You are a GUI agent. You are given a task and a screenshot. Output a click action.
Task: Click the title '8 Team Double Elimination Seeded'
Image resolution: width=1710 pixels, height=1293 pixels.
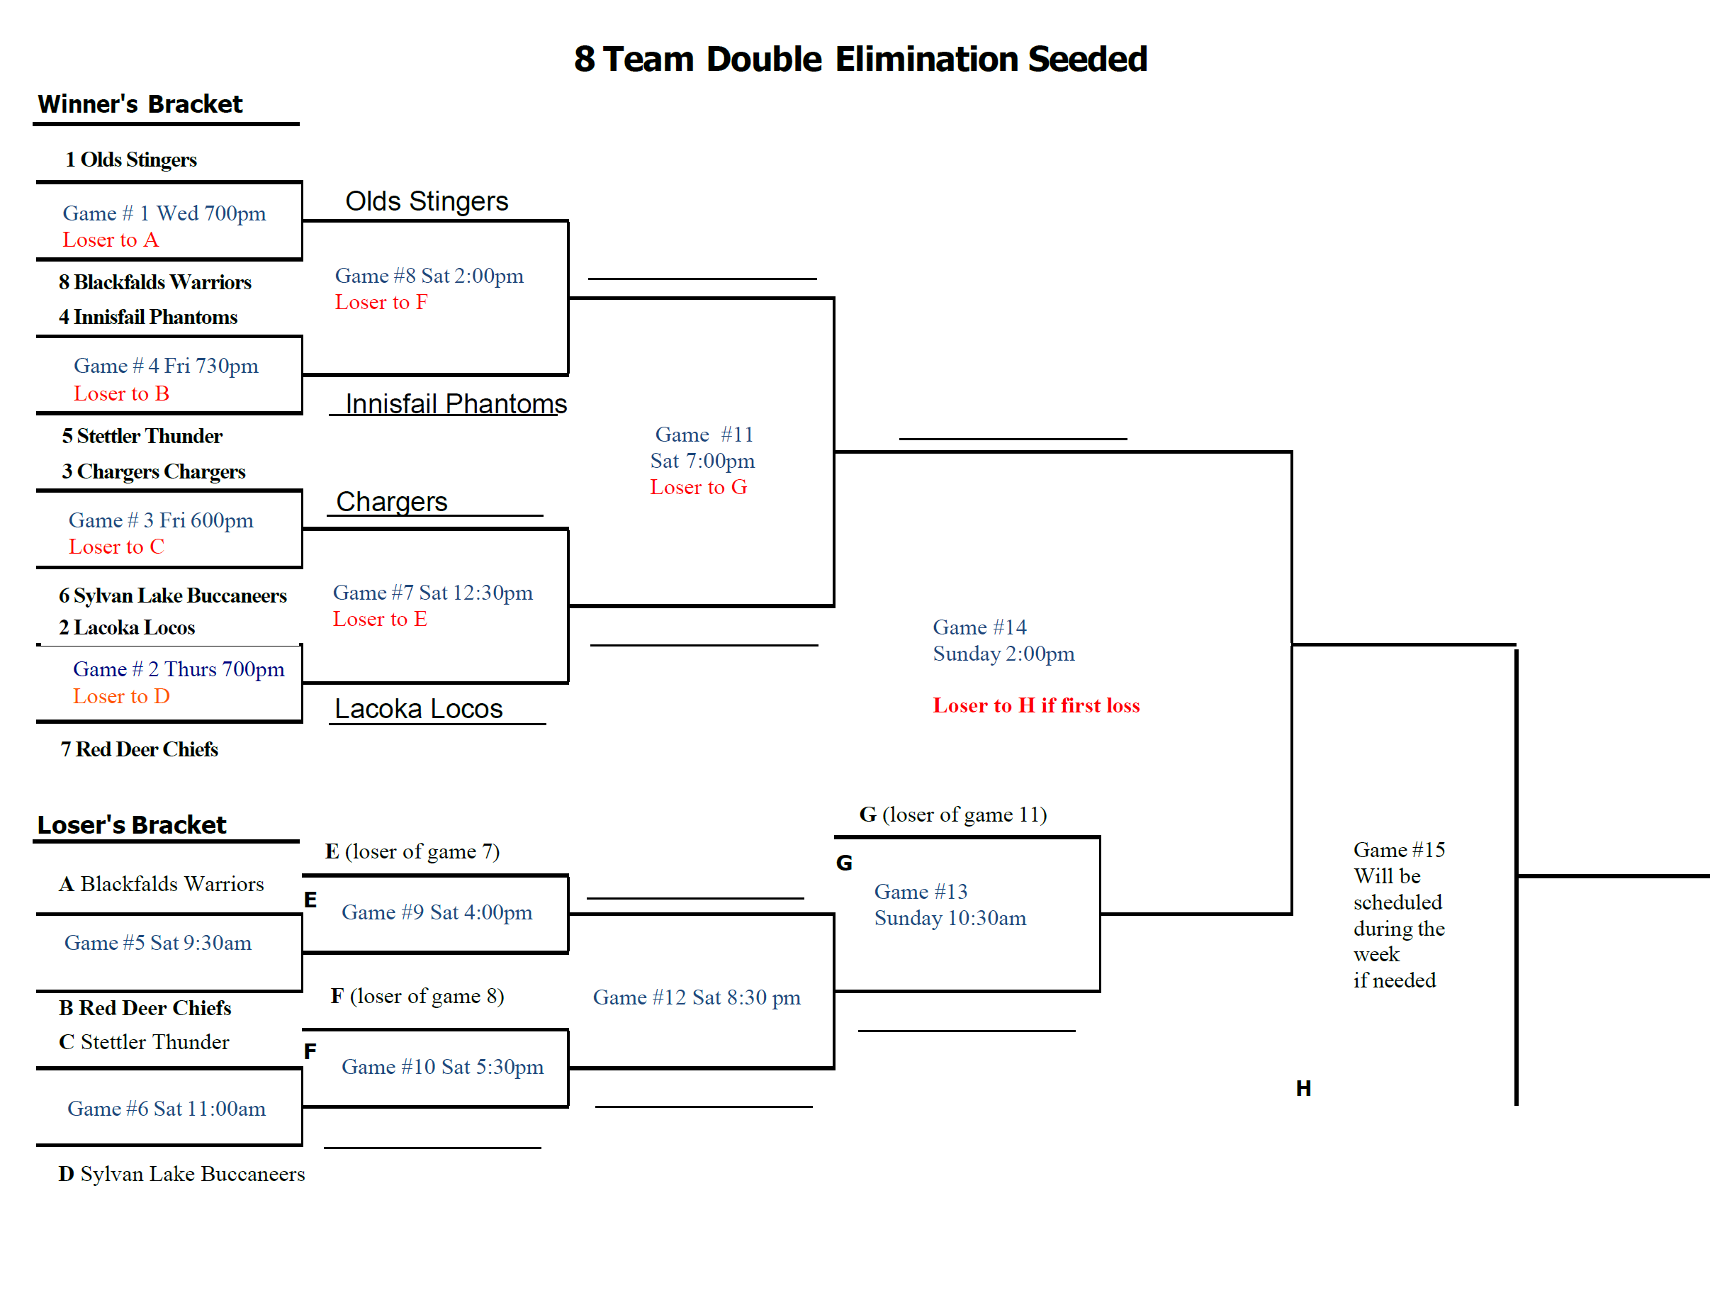(860, 59)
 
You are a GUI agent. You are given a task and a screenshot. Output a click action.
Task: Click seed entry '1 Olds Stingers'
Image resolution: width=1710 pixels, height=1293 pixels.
(130, 159)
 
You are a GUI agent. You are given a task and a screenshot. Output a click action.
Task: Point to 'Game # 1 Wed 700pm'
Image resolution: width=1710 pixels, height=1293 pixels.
(164, 213)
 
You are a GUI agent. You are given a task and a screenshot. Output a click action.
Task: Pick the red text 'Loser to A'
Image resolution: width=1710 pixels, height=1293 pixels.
(111, 240)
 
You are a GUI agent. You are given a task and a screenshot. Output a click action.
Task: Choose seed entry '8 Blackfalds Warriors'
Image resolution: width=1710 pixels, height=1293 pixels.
(154, 281)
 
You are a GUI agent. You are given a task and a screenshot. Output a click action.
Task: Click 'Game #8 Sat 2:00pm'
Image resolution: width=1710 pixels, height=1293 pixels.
(429, 275)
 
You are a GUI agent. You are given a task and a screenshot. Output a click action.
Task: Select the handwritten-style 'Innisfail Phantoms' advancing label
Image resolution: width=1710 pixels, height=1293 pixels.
(456, 403)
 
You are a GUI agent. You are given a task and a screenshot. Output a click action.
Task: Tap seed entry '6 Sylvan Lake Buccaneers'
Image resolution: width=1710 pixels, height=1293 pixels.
(172, 595)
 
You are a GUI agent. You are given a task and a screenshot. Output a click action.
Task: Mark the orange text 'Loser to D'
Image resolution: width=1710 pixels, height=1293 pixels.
(121, 696)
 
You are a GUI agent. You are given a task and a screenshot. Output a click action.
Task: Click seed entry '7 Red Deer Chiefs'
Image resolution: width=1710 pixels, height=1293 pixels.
(139, 749)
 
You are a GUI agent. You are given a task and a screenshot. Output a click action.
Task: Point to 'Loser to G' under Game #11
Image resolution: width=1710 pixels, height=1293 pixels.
(698, 487)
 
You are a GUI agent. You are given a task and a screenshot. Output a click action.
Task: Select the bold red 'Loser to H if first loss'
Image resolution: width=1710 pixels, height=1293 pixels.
(1036, 705)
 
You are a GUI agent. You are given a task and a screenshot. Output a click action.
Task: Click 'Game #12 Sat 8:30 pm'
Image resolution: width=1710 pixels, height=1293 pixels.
(697, 997)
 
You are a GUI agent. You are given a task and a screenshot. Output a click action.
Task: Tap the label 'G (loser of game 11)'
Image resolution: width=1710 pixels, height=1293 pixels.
(953, 815)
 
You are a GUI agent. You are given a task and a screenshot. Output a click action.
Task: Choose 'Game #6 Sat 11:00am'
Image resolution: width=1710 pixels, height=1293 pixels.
(167, 1108)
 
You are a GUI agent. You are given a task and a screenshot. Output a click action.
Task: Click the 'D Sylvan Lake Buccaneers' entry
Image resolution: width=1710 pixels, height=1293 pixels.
(181, 1174)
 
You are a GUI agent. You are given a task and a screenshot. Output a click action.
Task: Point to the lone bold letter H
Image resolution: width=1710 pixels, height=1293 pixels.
(1303, 1088)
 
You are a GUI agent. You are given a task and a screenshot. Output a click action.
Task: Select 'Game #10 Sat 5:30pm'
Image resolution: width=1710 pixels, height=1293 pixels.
(442, 1066)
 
